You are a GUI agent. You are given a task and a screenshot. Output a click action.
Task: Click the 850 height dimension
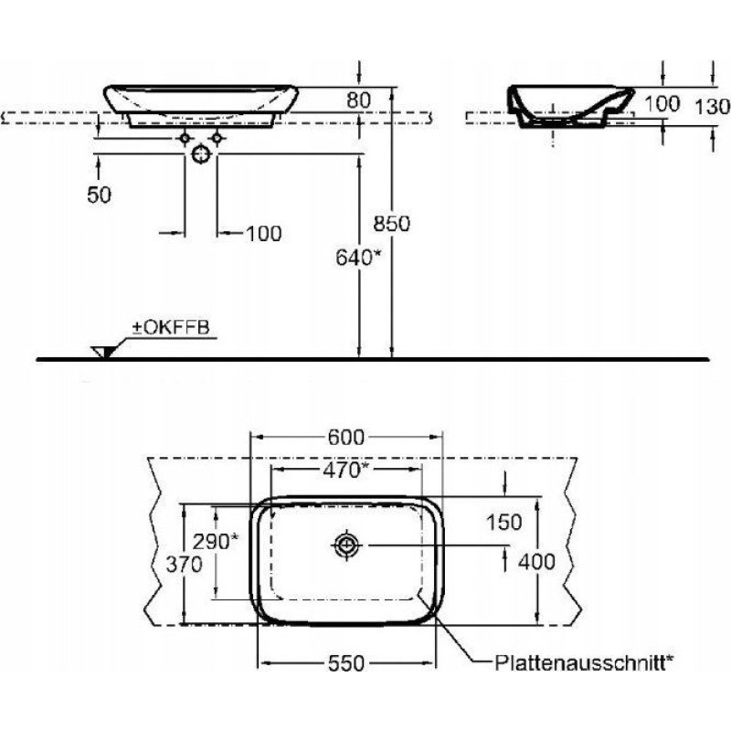[x=391, y=223]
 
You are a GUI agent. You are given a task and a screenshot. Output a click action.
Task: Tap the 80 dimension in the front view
[x=358, y=101]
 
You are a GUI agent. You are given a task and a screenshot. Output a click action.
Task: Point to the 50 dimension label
[x=100, y=195]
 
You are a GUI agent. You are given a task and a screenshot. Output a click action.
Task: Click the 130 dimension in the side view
[x=713, y=107]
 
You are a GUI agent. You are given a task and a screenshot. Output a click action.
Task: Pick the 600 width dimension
[x=346, y=437]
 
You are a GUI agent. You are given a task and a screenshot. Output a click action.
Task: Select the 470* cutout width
[x=345, y=471]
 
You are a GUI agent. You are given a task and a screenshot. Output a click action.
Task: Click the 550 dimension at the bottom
[x=346, y=663]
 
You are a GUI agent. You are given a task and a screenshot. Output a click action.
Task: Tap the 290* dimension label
[x=216, y=541]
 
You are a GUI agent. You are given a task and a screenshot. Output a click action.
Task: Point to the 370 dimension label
[x=185, y=565]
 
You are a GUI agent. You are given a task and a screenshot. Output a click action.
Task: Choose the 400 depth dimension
[x=536, y=562]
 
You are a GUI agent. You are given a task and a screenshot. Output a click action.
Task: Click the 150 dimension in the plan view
[x=504, y=522]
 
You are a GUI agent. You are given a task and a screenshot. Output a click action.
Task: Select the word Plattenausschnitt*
[x=584, y=662]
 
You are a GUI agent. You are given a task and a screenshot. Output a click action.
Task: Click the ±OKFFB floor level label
[x=171, y=327]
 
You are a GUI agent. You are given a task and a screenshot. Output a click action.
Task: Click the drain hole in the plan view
[x=347, y=545]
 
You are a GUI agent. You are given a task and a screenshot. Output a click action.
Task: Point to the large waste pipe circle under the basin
[x=201, y=154]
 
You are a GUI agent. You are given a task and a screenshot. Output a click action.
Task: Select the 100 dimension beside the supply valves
[x=264, y=234]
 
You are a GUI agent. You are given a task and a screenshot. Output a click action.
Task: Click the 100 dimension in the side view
[x=662, y=103]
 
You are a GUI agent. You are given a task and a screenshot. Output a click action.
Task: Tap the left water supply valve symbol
[x=185, y=139]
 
